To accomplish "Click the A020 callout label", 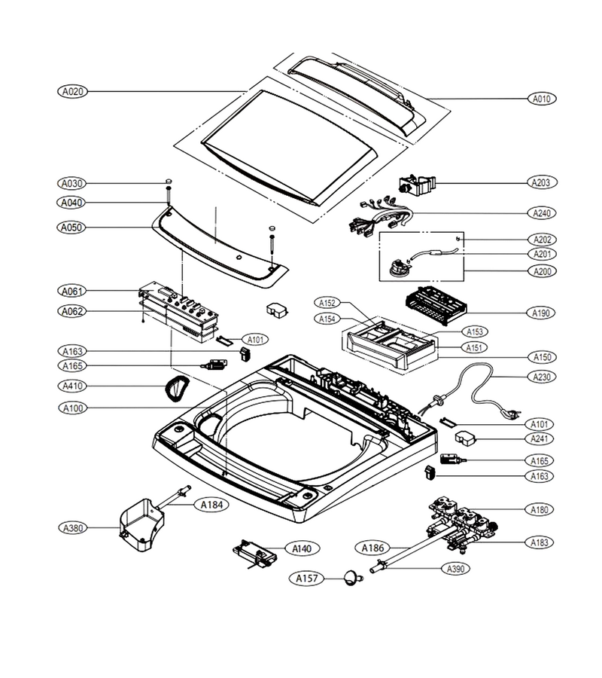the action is (x=72, y=91).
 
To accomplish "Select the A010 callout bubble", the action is (x=542, y=99).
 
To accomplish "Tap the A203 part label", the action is (x=542, y=182).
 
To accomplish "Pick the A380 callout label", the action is (x=73, y=527).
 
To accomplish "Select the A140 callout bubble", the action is (x=302, y=548).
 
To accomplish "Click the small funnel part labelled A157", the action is (x=352, y=578).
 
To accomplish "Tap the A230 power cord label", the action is (x=542, y=377).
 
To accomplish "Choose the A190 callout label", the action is (x=541, y=312).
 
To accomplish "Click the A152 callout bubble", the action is (x=327, y=303).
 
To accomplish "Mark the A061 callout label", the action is (x=71, y=291).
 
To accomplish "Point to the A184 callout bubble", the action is (x=211, y=504).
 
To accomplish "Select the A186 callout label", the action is (x=372, y=548).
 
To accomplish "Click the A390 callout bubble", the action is (x=456, y=569).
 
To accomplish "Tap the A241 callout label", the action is (x=540, y=438).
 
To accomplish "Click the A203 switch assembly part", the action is (x=417, y=185).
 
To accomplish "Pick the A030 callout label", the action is (x=71, y=183).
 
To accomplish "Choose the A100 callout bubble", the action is (x=73, y=408).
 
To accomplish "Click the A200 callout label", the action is (x=542, y=271).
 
